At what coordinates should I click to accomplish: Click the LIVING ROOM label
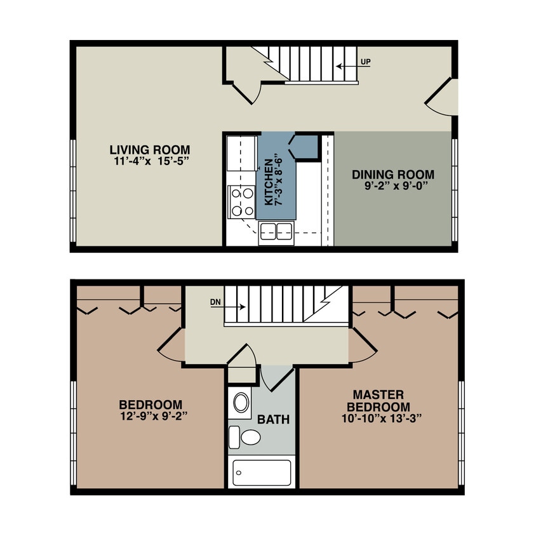click(149, 150)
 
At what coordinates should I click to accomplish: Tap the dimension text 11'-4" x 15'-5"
click(149, 161)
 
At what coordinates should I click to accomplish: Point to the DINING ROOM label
click(393, 175)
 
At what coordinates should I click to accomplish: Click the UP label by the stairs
click(365, 62)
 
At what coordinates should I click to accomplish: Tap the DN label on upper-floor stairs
click(215, 303)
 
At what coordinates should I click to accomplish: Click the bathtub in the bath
click(262, 472)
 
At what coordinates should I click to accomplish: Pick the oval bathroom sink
click(241, 403)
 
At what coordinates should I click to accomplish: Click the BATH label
click(273, 420)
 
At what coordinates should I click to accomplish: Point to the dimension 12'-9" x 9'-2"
click(151, 416)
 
